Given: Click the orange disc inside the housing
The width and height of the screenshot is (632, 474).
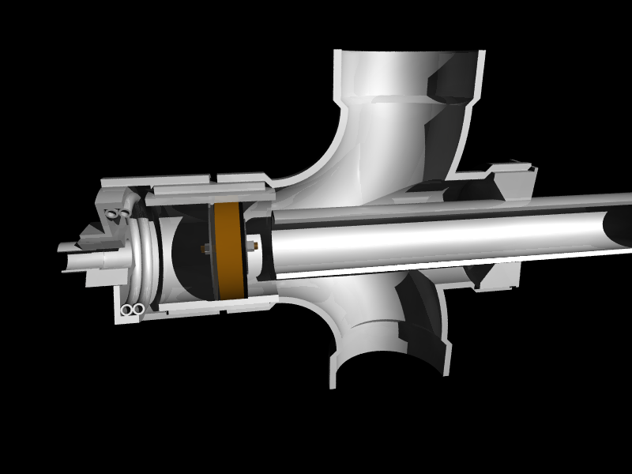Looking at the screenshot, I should (x=228, y=251).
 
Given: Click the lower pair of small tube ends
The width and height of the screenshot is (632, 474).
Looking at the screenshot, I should (x=132, y=310).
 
